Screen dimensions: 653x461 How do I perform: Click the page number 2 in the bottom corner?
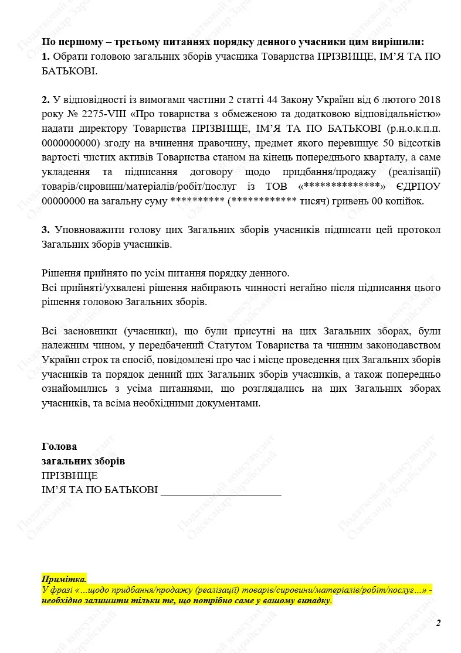[438, 623]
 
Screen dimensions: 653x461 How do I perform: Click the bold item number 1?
[46, 57]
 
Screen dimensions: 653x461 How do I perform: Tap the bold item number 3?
[46, 229]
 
